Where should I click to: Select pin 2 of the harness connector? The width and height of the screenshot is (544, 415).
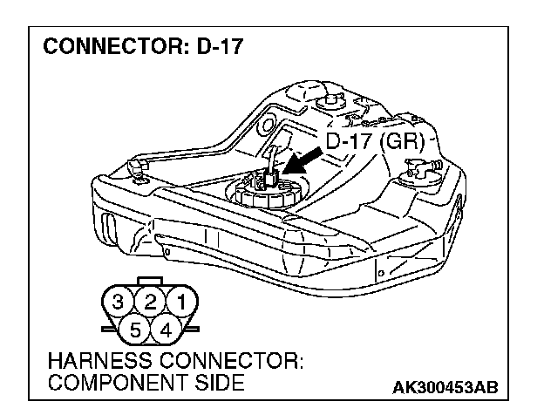[150, 303]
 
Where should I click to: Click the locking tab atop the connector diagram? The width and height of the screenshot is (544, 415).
[150, 282]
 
